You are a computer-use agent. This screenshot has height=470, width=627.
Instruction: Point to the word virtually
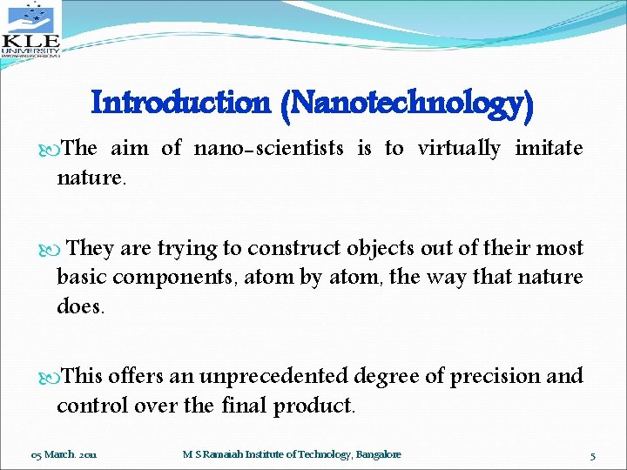pyautogui.click(x=459, y=149)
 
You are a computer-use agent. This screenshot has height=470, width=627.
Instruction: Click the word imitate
pyautogui.click(x=549, y=149)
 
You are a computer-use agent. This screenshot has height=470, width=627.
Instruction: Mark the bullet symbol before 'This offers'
pyautogui.click(x=48, y=377)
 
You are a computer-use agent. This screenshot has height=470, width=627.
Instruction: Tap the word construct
pyautogui.click(x=294, y=249)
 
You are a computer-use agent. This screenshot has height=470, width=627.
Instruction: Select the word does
pyautogui.click(x=79, y=307)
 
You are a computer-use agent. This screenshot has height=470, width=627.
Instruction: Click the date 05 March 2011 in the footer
pyautogui.click(x=64, y=455)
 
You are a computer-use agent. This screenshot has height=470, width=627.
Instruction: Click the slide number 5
pyautogui.click(x=592, y=455)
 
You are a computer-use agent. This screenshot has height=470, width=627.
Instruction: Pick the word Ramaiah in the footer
pyautogui.click(x=225, y=455)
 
